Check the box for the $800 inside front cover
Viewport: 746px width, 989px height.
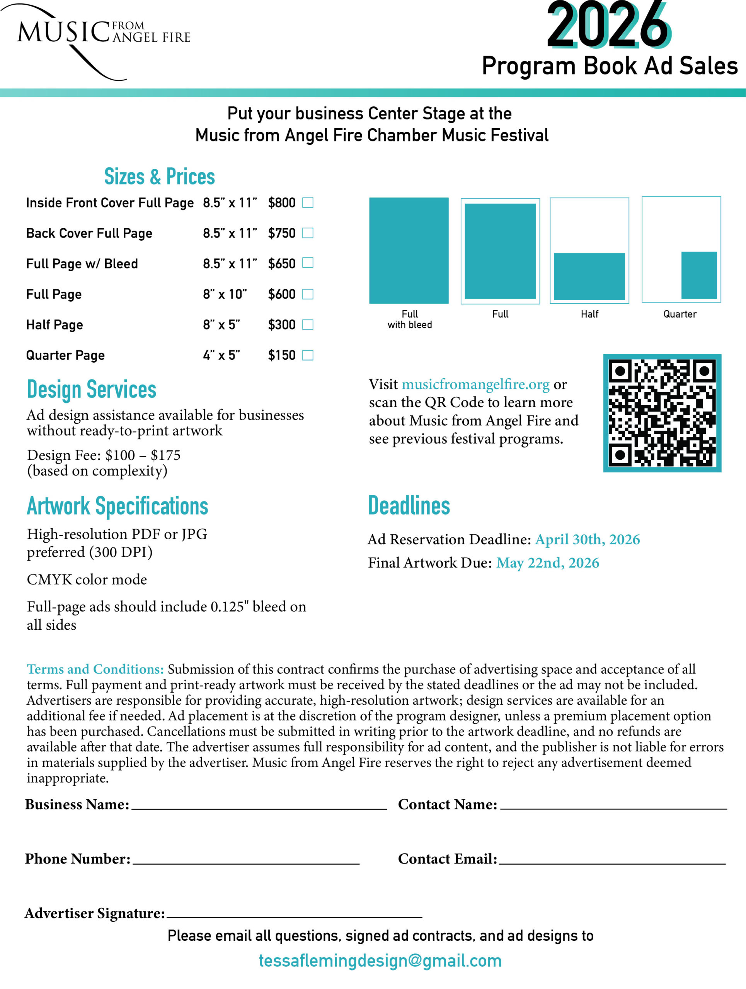(308, 203)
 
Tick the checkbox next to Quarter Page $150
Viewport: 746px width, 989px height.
(308, 355)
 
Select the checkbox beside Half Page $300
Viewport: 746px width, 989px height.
(308, 325)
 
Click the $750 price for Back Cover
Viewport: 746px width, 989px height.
(282, 233)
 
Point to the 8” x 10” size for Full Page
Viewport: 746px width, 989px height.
(225, 294)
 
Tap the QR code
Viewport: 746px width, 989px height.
(662, 413)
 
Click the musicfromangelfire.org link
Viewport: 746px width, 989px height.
(475, 384)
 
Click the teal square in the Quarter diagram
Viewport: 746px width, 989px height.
(699, 275)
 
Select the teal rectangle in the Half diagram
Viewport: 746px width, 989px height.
(589, 276)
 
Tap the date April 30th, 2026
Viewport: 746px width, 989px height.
(587, 540)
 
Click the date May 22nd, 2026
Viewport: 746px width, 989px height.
(547, 563)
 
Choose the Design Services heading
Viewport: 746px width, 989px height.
(92, 389)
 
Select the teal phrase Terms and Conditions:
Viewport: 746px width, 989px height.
(95, 670)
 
